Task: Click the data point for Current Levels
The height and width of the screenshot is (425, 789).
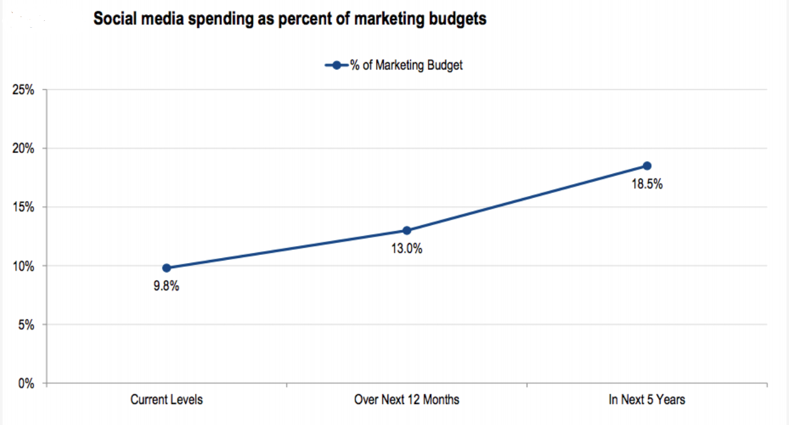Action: [x=166, y=268]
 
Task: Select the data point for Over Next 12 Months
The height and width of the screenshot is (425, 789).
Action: [x=407, y=231]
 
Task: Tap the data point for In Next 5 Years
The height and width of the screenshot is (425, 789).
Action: [x=647, y=166]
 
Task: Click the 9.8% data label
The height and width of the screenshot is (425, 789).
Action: [x=166, y=286]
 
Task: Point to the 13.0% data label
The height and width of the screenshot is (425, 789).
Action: [x=407, y=249]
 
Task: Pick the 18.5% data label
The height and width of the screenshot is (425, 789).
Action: [x=647, y=185]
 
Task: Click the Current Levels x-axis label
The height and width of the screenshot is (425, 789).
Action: [x=166, y=400]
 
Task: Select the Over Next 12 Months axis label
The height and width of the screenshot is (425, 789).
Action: [x=407, y=400]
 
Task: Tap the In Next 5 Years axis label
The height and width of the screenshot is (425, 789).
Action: [x=647, y=400]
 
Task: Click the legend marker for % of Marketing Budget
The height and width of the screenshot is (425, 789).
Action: [x=336, y=65]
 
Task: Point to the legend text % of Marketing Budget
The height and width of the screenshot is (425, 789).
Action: [x=407, y=65]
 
